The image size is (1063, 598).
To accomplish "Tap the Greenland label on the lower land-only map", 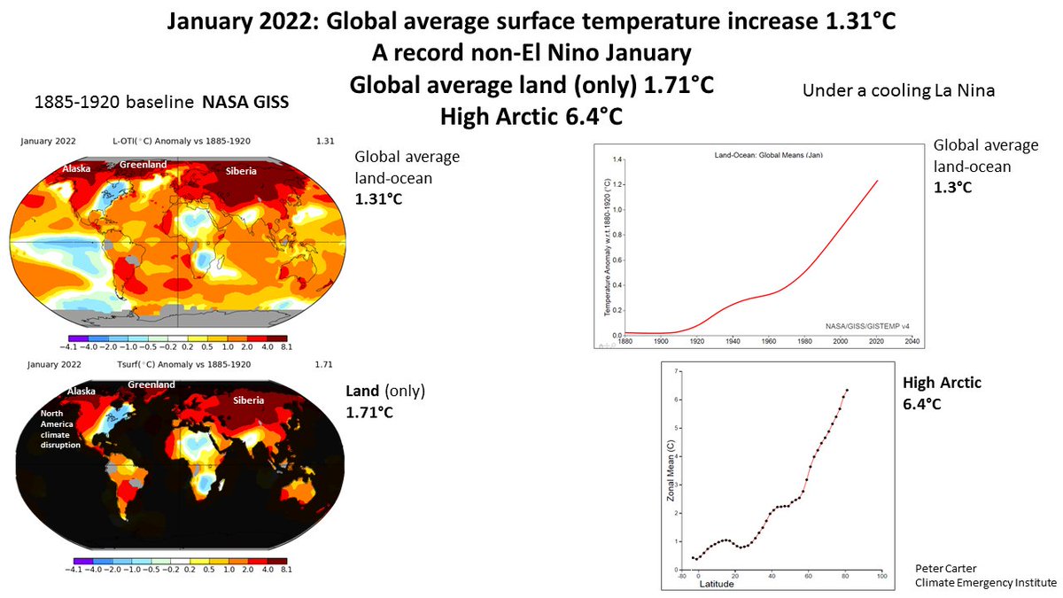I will click(152, 384).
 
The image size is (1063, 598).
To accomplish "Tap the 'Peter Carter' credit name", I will click(942, 566).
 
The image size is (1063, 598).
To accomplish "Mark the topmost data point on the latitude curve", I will click(847, 390).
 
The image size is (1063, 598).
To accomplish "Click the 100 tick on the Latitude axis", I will click(881, 576).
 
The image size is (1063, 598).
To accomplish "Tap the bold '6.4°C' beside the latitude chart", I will click(921, 404).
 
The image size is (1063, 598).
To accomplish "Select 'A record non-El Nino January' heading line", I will click(531, 53).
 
